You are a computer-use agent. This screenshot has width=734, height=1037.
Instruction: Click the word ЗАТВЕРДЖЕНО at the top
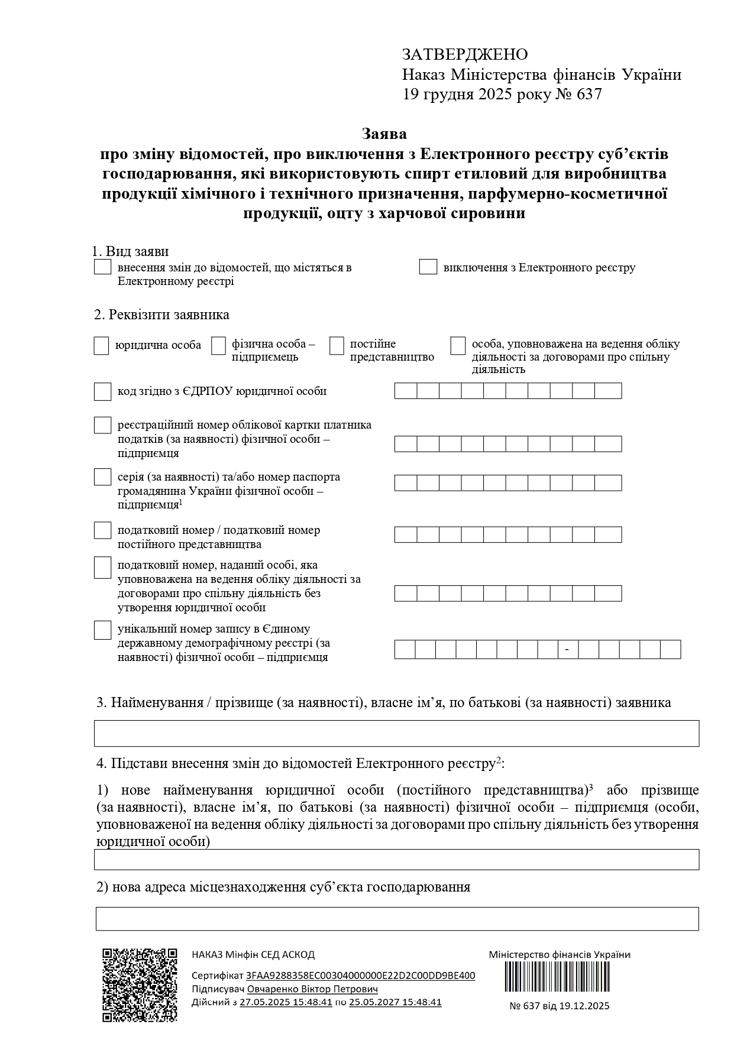pyautogui.click(x=465, y=54)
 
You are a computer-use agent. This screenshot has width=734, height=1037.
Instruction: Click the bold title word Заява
pyautogui.click(x=384, y=134)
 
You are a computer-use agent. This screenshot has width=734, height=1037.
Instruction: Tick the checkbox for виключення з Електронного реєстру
pyautogui.click(x=428, y=267)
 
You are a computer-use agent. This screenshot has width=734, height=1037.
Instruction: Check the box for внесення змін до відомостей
pyautogui.click(x=103, y=267)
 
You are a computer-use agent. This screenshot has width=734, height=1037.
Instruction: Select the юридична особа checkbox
pyautogui.click(x=101, y=346)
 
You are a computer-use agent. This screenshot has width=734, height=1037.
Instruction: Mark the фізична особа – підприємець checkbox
pyautogui.click(x=219, y=346)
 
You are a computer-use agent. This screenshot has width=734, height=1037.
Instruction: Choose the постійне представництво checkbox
pyautogui.click(x=337, y=346)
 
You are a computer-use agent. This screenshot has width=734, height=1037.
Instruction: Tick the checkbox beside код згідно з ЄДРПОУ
pyautogui.click(x=103, y=391)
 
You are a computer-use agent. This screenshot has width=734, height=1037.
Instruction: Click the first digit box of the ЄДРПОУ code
pyautogui.click(x=406, y=391)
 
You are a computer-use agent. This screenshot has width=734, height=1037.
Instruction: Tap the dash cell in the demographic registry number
pyautogui.click(x=568, y=649)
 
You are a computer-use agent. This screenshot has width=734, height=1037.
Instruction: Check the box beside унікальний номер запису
pyautogui.click(x=103, y=630)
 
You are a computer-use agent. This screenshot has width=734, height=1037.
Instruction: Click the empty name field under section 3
pyautogui.click(x=396, y=733)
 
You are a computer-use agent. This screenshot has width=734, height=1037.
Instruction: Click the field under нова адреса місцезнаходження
pyautogui.click(x=396, y=919)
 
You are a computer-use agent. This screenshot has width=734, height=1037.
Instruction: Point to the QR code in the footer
pyautogui.click(x=140, y=985)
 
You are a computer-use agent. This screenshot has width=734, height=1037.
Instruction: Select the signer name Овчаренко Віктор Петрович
pyautogui.click(x=312, y=989)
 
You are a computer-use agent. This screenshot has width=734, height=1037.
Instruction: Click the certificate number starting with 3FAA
pyautogui.click(x=360, y=976)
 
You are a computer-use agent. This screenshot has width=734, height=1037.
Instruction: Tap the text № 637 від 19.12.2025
pyautogui.click(x=559, y=1006)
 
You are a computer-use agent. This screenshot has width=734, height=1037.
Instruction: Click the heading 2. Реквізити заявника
pyautogui.click(x=161, y=315)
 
